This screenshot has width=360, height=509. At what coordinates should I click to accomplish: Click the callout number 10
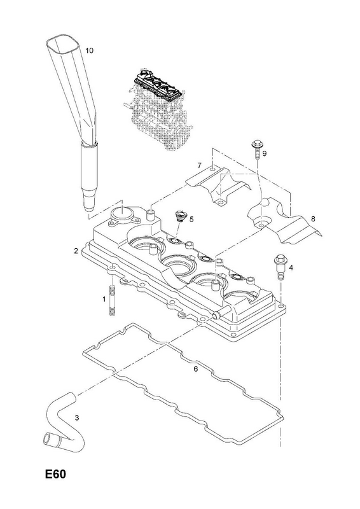point(89,50)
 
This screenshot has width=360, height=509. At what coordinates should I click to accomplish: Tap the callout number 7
point(199,166)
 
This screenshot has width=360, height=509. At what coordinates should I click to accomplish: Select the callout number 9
point(264,153)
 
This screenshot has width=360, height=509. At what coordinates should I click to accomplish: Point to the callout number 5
point(191,220)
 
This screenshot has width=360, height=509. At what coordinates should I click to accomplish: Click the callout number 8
point(312,219)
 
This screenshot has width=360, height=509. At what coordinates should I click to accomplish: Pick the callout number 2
point(76,251)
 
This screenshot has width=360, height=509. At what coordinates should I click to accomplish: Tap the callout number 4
point(291,268)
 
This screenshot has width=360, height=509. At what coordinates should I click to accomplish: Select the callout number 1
point(104,299)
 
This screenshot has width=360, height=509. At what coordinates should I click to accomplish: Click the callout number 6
point(195,369)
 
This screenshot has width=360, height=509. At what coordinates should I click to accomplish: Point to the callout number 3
point(76,418)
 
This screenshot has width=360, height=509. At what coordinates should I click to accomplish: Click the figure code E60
point(55,474)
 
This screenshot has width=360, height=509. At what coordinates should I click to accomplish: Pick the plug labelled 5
point(179,216)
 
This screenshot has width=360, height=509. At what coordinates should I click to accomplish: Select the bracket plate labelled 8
point(283,224)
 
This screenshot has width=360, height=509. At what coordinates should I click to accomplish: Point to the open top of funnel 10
point(64,45)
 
